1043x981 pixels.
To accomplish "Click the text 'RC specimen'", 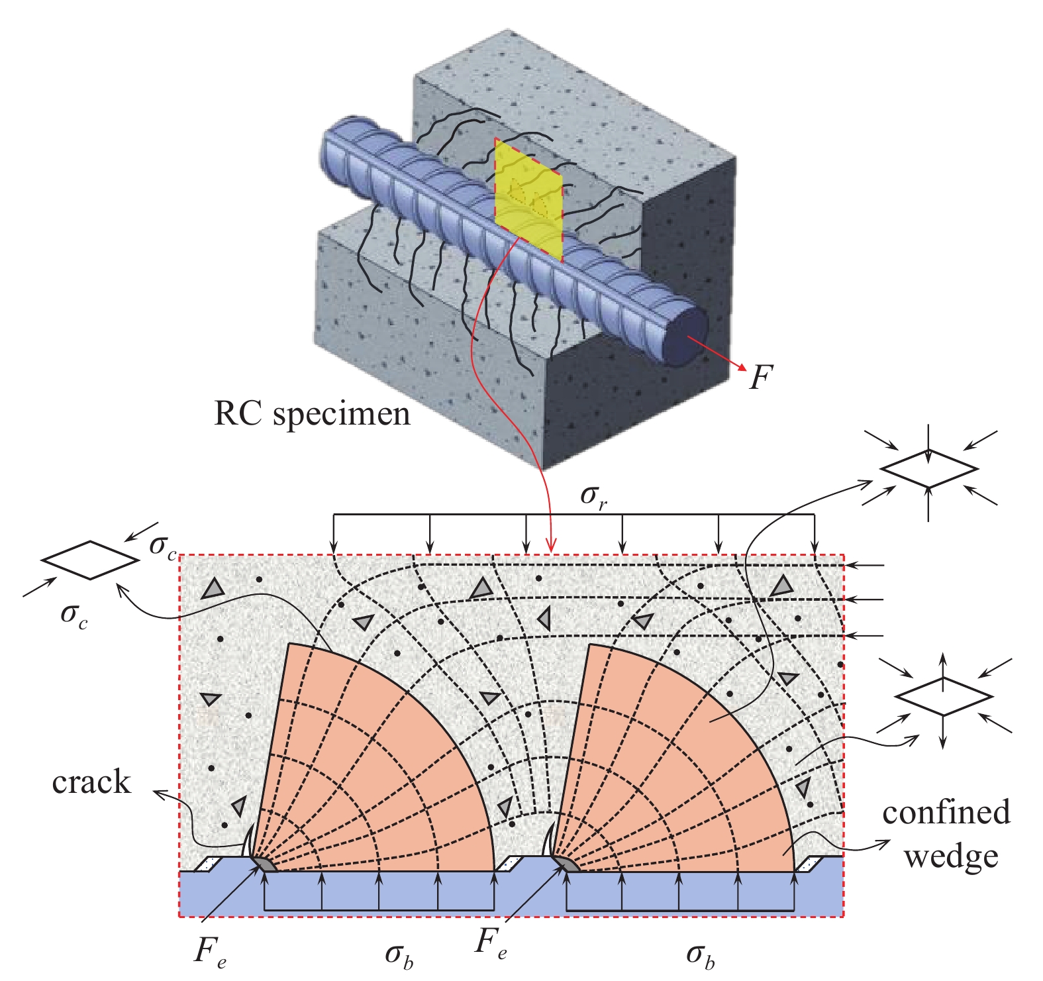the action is (312, 415).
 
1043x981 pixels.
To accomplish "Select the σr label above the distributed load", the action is (594, 496).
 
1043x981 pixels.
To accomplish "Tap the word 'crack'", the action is (91, 782).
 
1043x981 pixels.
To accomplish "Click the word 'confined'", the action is (946, 811).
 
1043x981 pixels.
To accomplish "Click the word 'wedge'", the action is (951, 856).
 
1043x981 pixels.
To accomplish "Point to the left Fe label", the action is (211, 951).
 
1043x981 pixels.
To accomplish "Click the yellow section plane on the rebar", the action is (528, 199).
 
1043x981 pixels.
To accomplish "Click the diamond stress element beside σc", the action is (91, 560).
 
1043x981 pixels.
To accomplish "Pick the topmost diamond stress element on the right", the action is (928, 469).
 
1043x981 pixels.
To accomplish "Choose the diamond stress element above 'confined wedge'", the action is (944, 696).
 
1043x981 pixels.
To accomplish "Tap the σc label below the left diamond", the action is (74, 615).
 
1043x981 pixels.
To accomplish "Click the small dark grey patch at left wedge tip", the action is (264, 864).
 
